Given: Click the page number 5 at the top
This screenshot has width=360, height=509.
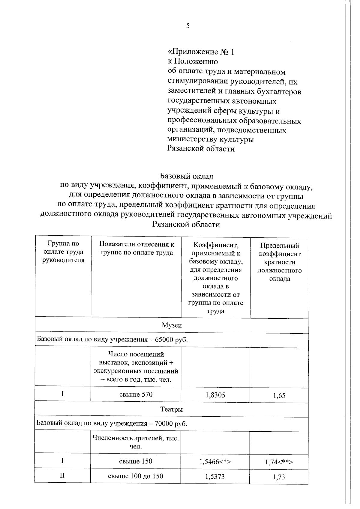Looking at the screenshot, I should coord(188,26).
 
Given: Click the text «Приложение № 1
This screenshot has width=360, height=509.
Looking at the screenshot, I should coord(201,52).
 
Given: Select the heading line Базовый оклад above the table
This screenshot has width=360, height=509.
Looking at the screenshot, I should coord(186,176).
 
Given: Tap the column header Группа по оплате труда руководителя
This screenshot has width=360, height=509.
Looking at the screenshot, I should coord(63,252).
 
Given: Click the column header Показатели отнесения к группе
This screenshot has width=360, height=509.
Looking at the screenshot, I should coord(136,248).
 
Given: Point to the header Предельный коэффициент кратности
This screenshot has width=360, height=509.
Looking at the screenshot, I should coord(279,262).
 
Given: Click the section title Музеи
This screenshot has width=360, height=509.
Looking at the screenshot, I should coord(172,325).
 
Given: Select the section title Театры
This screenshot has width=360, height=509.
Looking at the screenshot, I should coord(171,409).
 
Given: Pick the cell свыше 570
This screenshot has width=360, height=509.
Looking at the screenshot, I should coord(136,394).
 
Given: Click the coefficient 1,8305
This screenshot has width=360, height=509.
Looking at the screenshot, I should coord(215,395).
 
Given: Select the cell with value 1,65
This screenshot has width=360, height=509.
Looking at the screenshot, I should coord(279,395).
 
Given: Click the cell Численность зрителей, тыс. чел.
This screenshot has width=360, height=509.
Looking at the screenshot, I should coord(136,442).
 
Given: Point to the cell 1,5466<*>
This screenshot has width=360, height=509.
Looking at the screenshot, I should coord(215,462).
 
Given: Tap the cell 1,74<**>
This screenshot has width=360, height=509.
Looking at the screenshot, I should coord(279,462).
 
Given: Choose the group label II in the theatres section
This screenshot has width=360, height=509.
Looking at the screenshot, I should coord(62,476).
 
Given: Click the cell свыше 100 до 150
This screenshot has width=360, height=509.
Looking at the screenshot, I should coord(136,476).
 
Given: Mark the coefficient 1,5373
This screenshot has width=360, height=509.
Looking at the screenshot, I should coord(215,476).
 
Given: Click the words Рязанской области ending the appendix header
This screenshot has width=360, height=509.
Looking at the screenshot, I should coord(201,149).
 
